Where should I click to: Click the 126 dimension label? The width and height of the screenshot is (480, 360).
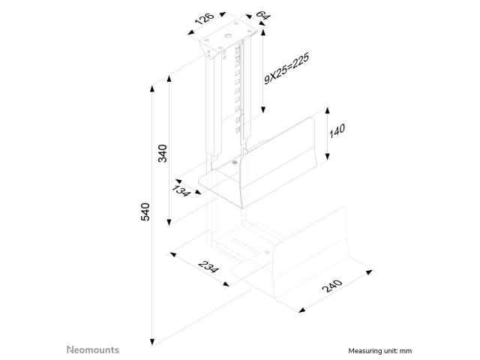click(204, 18)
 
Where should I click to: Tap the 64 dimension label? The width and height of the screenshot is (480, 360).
click(263, 15)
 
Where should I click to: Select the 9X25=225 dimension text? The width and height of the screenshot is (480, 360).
click(286, 68)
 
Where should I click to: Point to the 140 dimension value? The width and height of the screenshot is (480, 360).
click(337, 130)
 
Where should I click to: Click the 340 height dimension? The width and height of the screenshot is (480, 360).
click(162, 153)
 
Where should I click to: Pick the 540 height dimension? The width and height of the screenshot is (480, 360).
click(145, 211)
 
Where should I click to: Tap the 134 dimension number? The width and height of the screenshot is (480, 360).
click(181, 190)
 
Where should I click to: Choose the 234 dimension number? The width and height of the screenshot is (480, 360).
click(208, 267)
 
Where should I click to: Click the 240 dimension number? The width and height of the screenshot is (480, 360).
click(332, 286)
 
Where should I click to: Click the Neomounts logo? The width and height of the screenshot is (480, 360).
click(93, 349)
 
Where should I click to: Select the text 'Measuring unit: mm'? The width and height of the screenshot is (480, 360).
click(380, 351)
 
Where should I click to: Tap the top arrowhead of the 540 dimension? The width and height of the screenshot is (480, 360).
click(151, 89)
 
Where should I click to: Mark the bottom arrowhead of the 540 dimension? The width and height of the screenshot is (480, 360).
click(151, 342)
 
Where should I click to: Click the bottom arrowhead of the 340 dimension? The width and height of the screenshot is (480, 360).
click(169, 223)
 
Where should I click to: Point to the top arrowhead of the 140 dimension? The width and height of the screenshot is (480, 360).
click(328, 110)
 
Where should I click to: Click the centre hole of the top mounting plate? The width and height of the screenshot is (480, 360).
click(227, 36)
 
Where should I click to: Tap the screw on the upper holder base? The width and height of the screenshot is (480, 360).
click(235, 162)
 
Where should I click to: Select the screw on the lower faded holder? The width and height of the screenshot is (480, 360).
click(267, 252)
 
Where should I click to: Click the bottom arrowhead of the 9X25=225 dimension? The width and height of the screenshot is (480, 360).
click(263, 110)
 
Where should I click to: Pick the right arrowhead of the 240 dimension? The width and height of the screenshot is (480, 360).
click(369, 271)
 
